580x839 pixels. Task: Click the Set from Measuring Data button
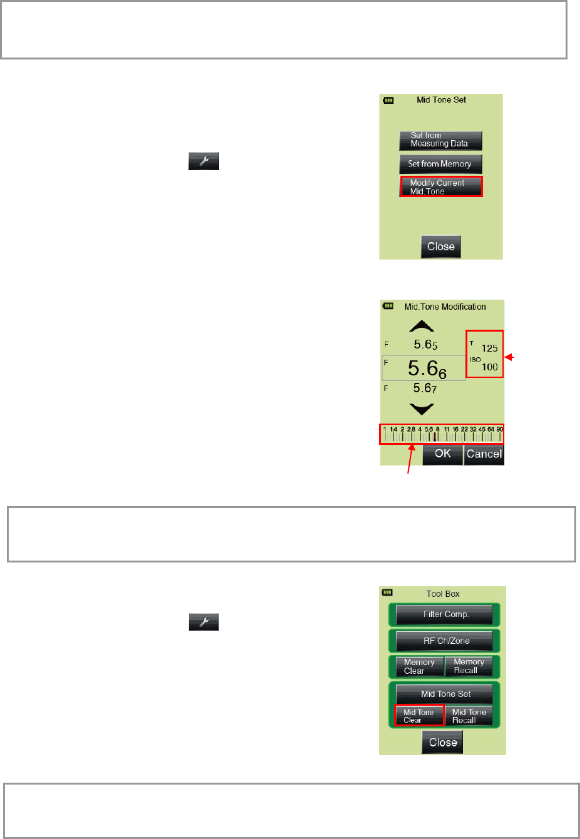click(440, 140)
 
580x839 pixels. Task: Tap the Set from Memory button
click(440, 164)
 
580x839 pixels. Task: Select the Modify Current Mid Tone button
click(441, 187)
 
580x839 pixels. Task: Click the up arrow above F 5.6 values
click(422, 327)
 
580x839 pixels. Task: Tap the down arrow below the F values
click(422, 409)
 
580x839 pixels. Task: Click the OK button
click(442, 454)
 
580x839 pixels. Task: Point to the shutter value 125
click(489, 348)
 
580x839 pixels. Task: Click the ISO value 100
click(489, 367)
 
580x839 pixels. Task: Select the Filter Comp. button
click(444, 614)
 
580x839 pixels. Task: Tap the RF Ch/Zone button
click(444, 641)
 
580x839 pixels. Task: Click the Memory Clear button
click(419, 666)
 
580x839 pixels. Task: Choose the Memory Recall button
click(469, 666)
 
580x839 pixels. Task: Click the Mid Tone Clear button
click(419, 716)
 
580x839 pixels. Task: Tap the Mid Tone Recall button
click(469, 716)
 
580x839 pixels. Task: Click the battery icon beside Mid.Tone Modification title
click(389, 306)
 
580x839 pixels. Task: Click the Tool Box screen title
click(443, 594)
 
